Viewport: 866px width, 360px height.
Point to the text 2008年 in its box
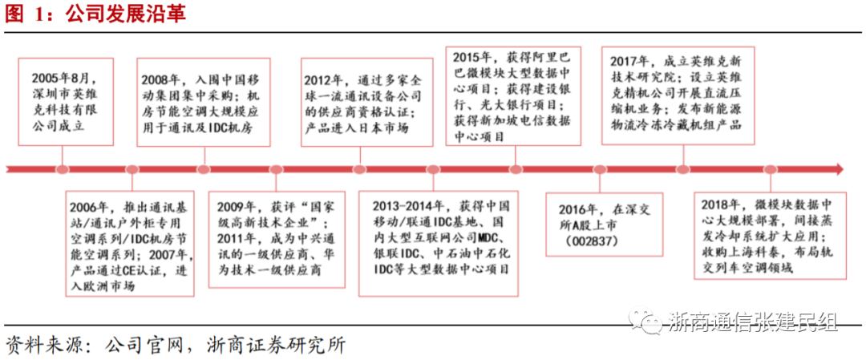pyautogui.click(x=164, y=80)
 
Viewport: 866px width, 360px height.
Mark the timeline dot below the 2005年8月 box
pyautogui.click(x=62, y=169)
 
